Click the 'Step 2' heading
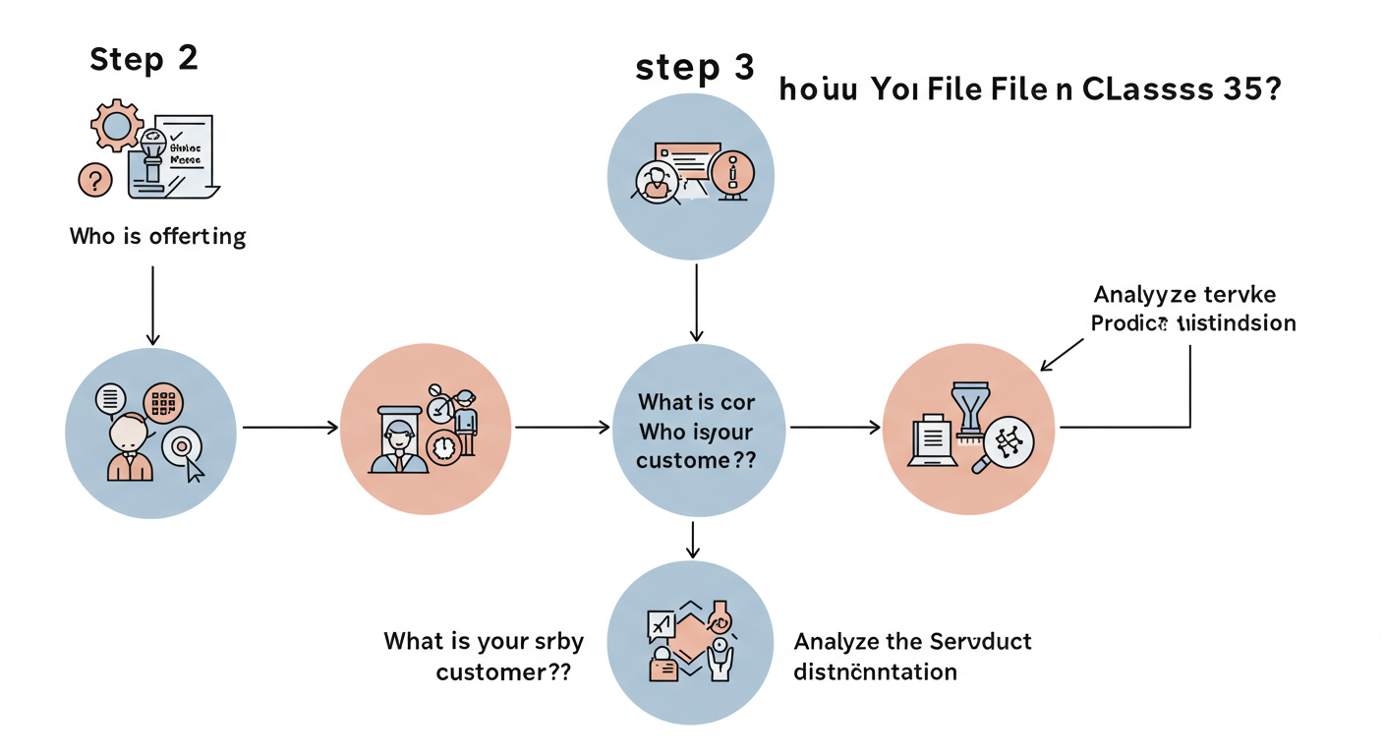pos(144,58)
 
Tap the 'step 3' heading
pos(694,68)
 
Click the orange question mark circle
pos(95,180)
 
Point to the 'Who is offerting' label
pos(157,236)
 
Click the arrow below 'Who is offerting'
pos(152,304)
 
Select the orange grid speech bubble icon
pos(163,403)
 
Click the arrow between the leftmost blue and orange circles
pos(289,428)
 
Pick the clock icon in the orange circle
pos(444,447)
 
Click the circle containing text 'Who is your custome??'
pos(698,431)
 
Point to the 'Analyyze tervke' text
pos(1183,295)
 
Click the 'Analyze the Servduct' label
pos(912,642)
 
